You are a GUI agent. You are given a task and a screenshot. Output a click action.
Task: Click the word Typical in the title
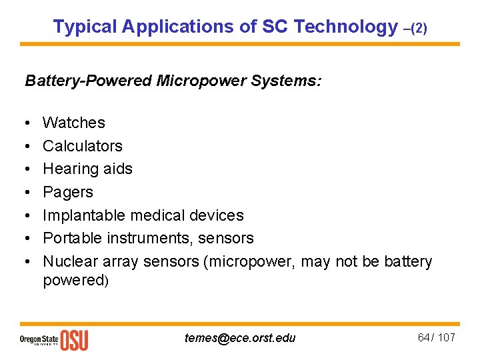click(x=84, y=27)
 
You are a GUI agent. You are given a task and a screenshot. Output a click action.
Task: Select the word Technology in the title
click(x=345, y=27)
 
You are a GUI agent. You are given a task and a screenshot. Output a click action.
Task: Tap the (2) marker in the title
click(x=418, y=29)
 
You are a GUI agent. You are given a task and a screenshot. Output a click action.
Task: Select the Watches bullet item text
click(x=74, y=123)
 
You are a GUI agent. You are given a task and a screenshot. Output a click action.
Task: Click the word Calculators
click(x=83, y=146)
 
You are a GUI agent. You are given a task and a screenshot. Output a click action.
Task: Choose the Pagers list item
click(x=68, y=193)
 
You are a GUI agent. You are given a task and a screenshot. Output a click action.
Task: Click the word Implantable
click(x=85, y=215)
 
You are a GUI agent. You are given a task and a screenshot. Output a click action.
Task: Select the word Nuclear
click(x=70, y=261)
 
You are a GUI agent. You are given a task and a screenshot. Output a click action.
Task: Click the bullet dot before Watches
click(x=29, y=123)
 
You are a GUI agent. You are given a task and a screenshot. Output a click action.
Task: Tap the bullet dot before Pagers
click(x=29, y=193)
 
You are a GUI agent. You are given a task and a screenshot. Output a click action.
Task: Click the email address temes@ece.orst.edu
click(x=240, y=338)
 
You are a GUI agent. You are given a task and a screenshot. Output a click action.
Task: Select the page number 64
click(x=424, y=337)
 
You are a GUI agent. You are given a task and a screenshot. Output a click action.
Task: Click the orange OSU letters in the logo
click(x=74, y=340)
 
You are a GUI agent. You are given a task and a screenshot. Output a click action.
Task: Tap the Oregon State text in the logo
click(x=39, y=338)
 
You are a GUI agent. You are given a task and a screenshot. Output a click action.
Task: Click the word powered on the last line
click(x=73, y=280)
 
